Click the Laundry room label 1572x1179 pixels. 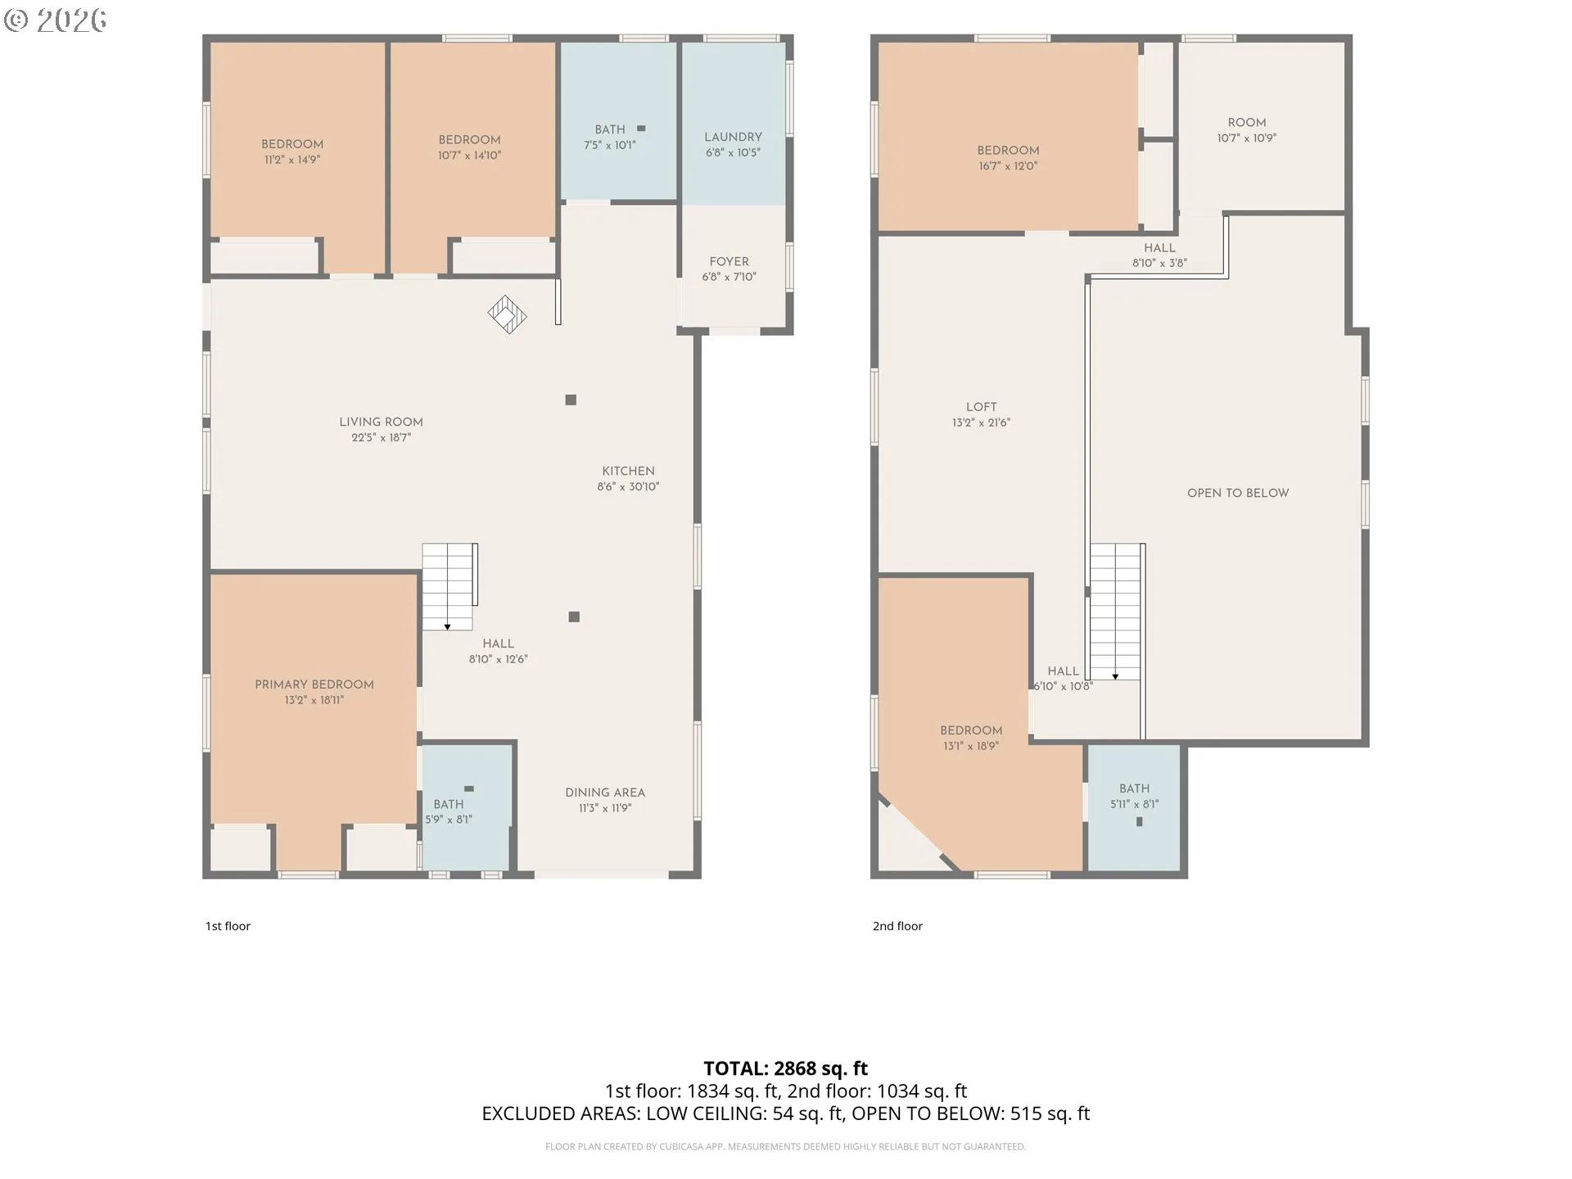(733, 137)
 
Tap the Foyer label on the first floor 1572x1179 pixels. (729, 261)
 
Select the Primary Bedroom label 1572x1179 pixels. (314, 684)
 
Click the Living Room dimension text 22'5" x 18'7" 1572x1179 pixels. (382, 438)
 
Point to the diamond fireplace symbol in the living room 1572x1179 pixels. (507, 314)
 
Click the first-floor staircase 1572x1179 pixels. (449, 586)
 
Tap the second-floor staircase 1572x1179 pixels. (1117, 612)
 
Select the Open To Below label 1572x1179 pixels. (1238, 493)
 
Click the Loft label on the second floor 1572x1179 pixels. (981, 407)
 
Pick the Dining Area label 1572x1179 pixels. (605, 793)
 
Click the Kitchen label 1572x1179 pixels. (628, 471)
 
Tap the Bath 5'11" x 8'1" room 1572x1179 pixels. (1135, 807)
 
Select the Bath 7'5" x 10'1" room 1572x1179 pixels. (618, 120)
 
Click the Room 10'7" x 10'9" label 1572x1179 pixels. (1247, 122)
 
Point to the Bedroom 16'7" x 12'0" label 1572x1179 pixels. (1008, 151)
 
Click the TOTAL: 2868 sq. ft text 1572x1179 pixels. (786, 1068)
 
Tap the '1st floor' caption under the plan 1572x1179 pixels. (228, 926)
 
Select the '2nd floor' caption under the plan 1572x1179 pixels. (897, 926)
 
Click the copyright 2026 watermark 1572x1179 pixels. (55, 20)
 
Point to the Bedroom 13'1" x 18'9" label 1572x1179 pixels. (971, 730)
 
